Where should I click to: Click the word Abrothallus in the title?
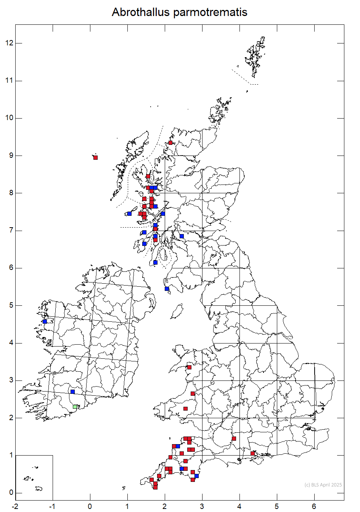140,12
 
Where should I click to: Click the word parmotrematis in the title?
210,13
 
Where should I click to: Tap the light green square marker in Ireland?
75,407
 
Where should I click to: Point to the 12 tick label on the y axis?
9,43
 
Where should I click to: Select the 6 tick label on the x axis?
314,506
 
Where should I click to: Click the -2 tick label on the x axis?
15,506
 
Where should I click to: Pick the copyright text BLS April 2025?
323,485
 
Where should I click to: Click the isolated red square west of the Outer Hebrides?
95,157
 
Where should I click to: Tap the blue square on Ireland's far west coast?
45,321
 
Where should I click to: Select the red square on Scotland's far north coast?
170,143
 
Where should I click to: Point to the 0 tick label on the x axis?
90,506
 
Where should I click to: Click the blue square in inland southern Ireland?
72,392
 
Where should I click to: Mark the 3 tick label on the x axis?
202,506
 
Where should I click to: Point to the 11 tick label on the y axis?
9,80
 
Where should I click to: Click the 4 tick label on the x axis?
239,506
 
